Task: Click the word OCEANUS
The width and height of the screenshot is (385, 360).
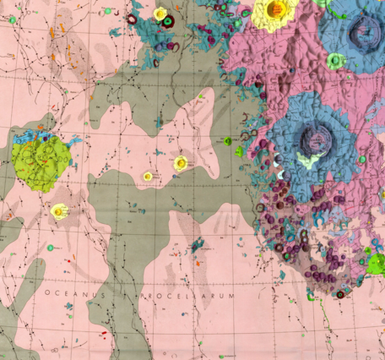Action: [x=74, y=292]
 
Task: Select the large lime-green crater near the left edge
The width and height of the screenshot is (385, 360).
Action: [x=40, y=160]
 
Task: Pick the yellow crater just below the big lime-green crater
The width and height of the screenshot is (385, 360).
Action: [x=59, y=210]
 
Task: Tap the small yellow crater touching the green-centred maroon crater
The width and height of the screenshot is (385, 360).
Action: [x=160, y=14]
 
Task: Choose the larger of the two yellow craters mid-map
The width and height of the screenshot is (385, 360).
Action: [x=179, y=162]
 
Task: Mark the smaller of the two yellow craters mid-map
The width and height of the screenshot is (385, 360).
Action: [x=148, y=177]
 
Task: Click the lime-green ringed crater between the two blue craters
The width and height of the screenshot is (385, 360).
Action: [x=336, y=61]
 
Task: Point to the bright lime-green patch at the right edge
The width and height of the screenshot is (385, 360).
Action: [x=377, y=263]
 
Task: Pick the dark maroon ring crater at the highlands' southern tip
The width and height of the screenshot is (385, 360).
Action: [x=340, y=294]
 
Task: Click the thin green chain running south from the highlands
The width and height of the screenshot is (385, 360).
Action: [x=324, y=321]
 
